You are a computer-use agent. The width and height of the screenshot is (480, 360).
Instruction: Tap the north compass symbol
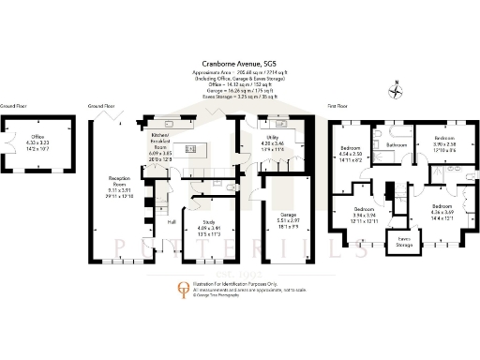click(x=397, y=91)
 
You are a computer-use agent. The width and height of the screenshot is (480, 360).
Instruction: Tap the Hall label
click(x=172, y=222)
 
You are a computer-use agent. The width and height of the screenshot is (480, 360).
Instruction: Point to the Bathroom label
click(x=397, y=145)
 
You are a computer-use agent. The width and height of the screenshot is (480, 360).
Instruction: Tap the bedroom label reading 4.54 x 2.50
click(x=350, y=155)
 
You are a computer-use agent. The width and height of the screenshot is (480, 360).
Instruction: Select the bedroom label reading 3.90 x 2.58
click(x=444, y=143)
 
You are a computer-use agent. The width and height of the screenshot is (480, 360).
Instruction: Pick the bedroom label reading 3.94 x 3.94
click(x=363, y=214)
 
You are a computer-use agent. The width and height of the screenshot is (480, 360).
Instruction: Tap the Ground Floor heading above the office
click(x=12, y=107)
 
